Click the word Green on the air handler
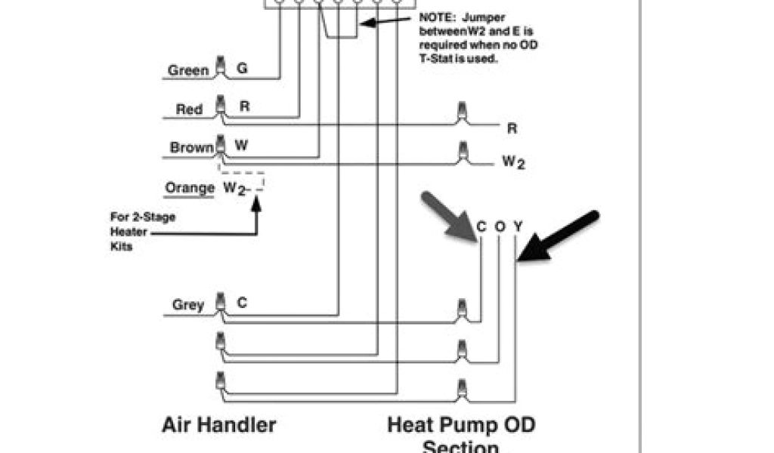188,70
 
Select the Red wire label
189,109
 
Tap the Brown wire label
191,147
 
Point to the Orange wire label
190,187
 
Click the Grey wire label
188,305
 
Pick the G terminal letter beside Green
242,68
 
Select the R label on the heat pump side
512,129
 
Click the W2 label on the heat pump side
513,162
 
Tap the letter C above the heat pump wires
481,226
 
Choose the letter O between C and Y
500,226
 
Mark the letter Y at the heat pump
518,226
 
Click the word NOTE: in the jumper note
438,17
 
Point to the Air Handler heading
218,424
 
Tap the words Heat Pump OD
461,424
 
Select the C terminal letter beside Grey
242,303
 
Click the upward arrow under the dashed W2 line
255,219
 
